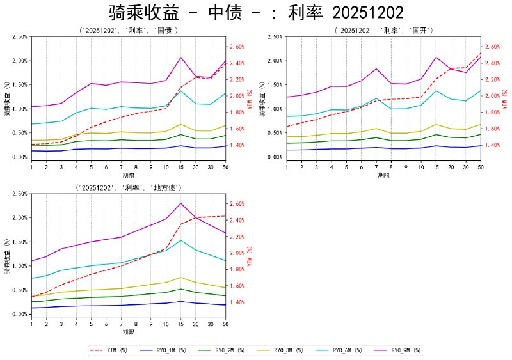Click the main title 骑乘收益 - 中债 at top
point(256,13)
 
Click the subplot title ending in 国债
point(128,31)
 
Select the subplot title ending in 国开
point(384,31)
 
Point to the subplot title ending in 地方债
point(128,187)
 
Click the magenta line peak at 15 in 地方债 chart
point(180,203)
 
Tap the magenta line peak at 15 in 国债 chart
point(180,58)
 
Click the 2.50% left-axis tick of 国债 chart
point(19,37)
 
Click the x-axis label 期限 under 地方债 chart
point(128,333)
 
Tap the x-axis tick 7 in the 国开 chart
point(376,167)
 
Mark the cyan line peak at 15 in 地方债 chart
point(180,240)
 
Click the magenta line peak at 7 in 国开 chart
point(376,68)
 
